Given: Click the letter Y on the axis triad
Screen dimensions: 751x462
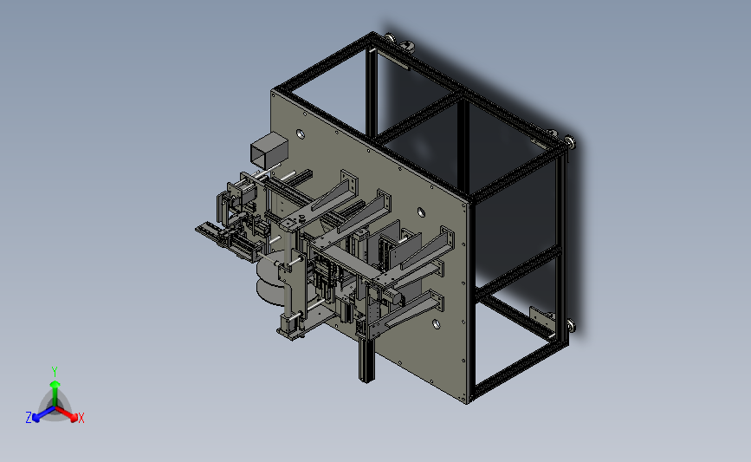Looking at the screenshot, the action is pyautogui.click(x=54, y=372).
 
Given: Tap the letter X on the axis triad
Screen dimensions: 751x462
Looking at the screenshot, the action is pyautogui.click(x=81, y=418).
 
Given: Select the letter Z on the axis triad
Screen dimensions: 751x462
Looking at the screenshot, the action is pyautogui.click(x=29, y=418).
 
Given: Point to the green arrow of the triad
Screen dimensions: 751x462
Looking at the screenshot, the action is pyautogui.click(x=55, y=393).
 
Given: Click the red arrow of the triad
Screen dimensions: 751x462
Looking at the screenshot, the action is pyautogui.click(x=67, y=414).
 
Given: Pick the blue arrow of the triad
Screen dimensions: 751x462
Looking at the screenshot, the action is pyautogui.click(x=44, y=414).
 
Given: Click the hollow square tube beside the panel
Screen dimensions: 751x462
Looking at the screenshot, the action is pyautogui.click(x=269, y=150).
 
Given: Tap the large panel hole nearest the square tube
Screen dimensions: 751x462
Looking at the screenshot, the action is pyautogui.click(x=301, y=133).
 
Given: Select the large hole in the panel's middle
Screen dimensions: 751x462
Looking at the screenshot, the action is pyautogui.click(x=421, y=211).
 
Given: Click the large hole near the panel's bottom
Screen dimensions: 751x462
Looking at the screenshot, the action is pyautogui.click(x=437, y=324).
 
